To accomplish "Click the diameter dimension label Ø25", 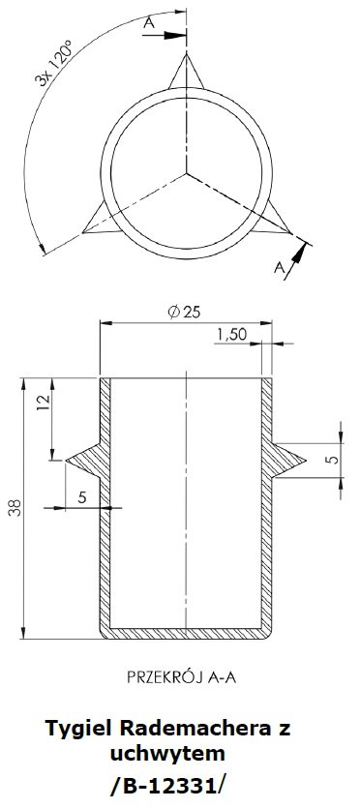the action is (184, 313).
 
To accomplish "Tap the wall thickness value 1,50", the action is (231, 335).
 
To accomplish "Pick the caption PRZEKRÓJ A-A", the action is (181, 677).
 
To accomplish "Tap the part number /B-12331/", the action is (167, 786).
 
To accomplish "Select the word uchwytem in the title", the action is (167, 755).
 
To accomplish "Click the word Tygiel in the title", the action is (79, 730).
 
